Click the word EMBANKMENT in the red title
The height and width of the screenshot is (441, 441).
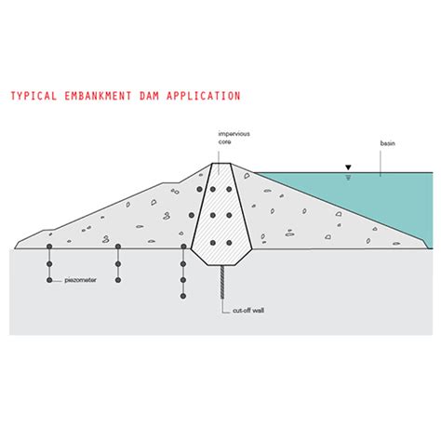click(98, 96)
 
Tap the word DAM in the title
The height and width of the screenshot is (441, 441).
click(149, 96)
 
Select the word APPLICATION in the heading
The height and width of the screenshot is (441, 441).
click(204, 96)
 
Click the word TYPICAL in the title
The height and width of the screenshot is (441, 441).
click(33, 96)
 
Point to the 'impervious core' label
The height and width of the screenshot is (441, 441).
click(234, 138)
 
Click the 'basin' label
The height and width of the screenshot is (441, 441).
click(388, 143)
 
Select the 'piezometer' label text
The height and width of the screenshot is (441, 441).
click(80, 280)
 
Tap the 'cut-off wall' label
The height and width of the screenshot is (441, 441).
click(248, 311)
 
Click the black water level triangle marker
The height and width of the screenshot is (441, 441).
click(348, 167)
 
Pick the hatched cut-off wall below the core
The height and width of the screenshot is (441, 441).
click(222, 282)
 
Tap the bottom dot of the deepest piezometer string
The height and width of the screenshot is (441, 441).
click(183, 296)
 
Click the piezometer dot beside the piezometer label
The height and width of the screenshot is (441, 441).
click(49, 280)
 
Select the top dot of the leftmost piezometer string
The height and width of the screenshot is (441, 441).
click(49, 247)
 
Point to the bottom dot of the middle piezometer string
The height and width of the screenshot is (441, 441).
click(118, 280)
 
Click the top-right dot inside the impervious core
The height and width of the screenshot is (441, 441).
click(229, 189)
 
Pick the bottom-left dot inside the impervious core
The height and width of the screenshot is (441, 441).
click(212, 243)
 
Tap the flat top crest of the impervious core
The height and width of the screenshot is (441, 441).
click(220, 163)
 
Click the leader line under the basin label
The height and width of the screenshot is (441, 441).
click(381, 164)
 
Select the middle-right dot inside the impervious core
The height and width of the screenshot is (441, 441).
click(229, 215)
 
